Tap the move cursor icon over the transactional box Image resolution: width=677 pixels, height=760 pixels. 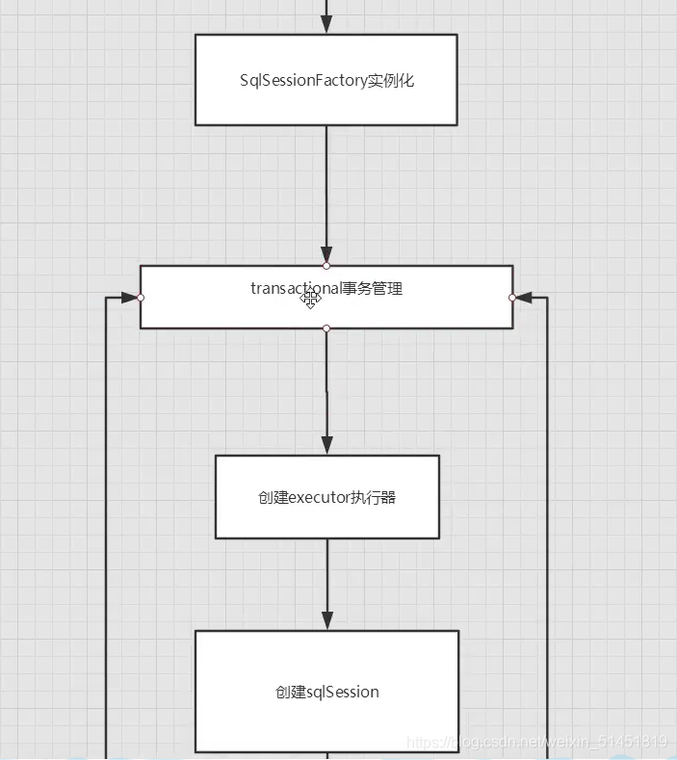(x=310, y=300)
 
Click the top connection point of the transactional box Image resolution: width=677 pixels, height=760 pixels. (x=326, y=265)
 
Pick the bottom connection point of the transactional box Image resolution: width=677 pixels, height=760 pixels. (x=326, y=328)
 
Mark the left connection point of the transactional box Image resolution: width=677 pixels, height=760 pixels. (x=141, y=298)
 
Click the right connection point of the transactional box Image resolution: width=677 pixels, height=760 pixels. (x=512, y=298)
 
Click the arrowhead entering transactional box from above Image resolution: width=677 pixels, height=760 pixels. (x=326, y=254)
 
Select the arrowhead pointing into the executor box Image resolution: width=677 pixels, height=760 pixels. (x=326, y=444)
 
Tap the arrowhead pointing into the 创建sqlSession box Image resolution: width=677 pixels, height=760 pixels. (x=326, y=619)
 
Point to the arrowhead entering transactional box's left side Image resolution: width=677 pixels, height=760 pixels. (x=128, y=298)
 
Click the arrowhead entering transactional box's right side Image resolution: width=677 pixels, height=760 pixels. (x=525, y=298)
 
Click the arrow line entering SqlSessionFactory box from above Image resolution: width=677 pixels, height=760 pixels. (x=326, y=15)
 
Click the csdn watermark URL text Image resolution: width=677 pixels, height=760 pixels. (x=536, y=742)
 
